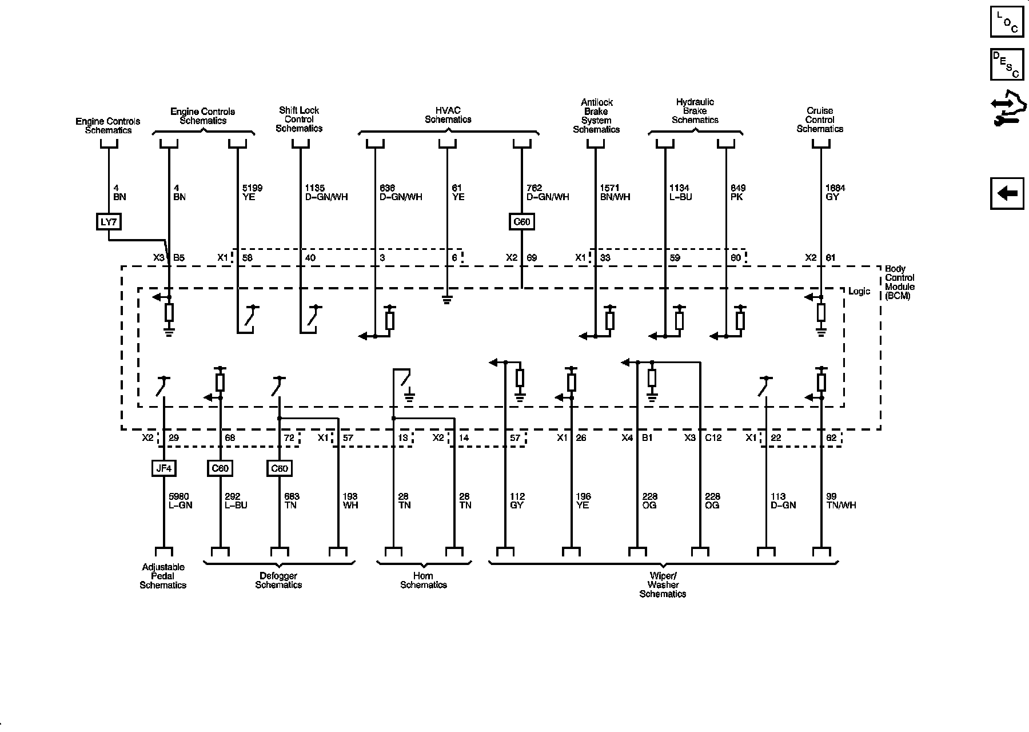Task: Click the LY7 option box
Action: click(x=109, y=221)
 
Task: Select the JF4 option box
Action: click(x=163, y=468)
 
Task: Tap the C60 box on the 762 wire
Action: click(x=521, y=221)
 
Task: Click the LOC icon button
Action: click(x=1007, y=22)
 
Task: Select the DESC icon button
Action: click(x=1007, y=64)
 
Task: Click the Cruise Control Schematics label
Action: click(x=820, y=120)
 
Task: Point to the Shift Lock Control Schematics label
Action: click(x=299, y=120)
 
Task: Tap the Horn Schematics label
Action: click(x=424, y=580)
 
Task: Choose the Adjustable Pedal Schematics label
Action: click(x=163, y=576)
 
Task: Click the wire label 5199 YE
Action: click(x=252, y=192)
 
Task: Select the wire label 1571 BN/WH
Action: click(x=615, y=192)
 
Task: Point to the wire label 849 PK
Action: click(x=738, y=192)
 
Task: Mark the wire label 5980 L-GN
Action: click(x=180, y=501)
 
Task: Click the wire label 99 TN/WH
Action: click(x=841, y=501)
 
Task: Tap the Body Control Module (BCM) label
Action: click(x=899, y=282)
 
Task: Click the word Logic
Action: click(x=859, y=291)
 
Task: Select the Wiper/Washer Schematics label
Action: click(x=663, y=584)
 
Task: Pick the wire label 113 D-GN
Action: click(x=783, y=501)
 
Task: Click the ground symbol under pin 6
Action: click(x=447, y=300)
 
